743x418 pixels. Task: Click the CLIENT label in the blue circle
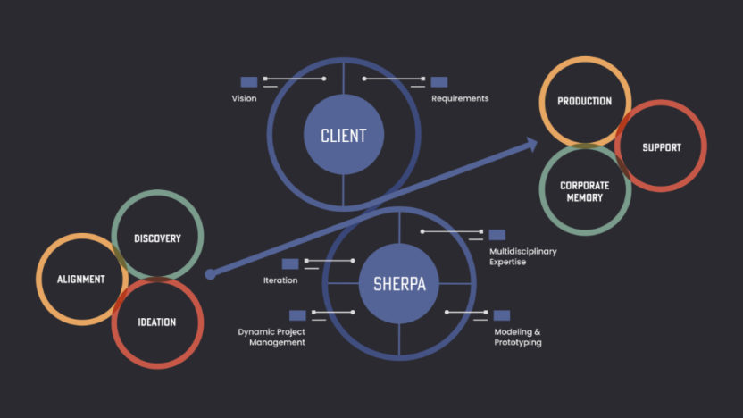344,136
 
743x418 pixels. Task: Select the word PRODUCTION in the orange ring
584,101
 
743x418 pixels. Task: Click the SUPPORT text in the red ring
661,147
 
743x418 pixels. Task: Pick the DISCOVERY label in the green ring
157,238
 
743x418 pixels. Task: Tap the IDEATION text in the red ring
157,322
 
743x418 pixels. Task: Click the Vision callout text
244,98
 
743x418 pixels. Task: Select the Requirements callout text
460,98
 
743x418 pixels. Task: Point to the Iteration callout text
280,280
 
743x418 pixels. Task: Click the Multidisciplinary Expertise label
522,256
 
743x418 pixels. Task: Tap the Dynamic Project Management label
271,336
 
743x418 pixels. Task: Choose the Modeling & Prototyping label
518,337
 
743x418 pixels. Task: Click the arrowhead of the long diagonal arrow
532,142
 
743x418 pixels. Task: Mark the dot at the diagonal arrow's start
210,274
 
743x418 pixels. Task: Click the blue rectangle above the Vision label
248,82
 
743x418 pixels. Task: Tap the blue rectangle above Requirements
439,82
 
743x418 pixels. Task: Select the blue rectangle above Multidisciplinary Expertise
497,235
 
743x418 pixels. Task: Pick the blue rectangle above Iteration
290,263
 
